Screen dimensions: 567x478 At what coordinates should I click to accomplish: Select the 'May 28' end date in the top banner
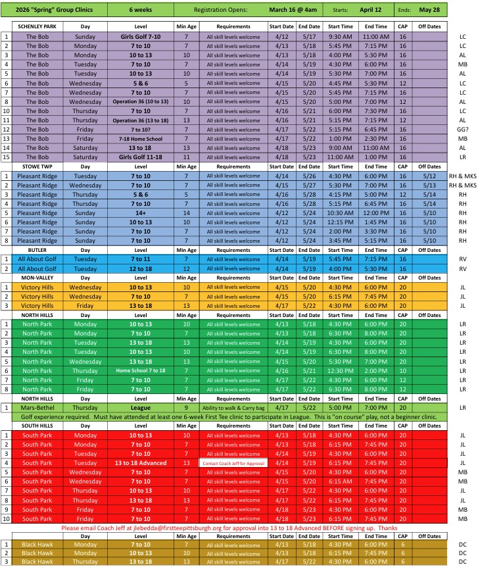click(x=431, y=10)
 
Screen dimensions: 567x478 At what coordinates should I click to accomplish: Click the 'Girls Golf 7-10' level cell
click(x=141, y=37)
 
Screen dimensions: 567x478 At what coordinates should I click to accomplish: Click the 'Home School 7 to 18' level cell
click(x=141, y=371)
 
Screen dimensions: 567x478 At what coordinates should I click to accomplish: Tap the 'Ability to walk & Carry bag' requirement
click(x=233, y=408)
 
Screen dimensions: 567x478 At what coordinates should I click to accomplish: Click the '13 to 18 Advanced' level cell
click(x=141, y=463)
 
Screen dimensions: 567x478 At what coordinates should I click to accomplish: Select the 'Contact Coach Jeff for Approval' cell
click(x=233, y=463)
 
